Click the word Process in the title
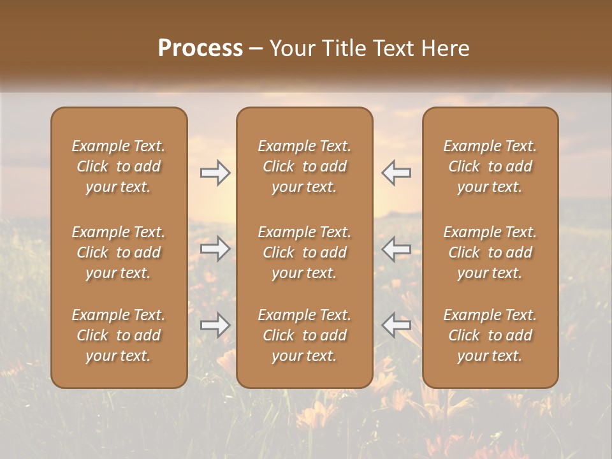pyautogui.click(x=200, y=48)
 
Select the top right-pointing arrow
pyautogui.click(x=215, y=173)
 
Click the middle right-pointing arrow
pyautogui.click(x=215, y=249)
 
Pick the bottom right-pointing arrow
pyautogui.click(x=215, y=325)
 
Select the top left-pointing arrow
pyautogui.click(x=396, y=173)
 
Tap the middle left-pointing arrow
pyautogui.click(x=396, y=249)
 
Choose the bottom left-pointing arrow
pyautogui.click(x=396, y=325)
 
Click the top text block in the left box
pyautogui.click(x=119, y=166)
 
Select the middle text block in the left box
pyautogui.click(x=119, y=252)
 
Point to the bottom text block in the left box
pyautogui.click(x=119, y=335)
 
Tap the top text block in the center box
pyautogui.click(x=304, y=166)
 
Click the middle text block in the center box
pyautogui.click(x=304, y=252)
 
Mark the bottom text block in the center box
pyautogui.click(x=304, y=335)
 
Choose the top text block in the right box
pyautogui.click(x=490, y=166)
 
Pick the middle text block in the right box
pyautogui.click(x=490, y=252)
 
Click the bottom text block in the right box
pyautogui.click(x=490, y=335)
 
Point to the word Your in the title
pyautogui.click(x=290, y=48)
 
